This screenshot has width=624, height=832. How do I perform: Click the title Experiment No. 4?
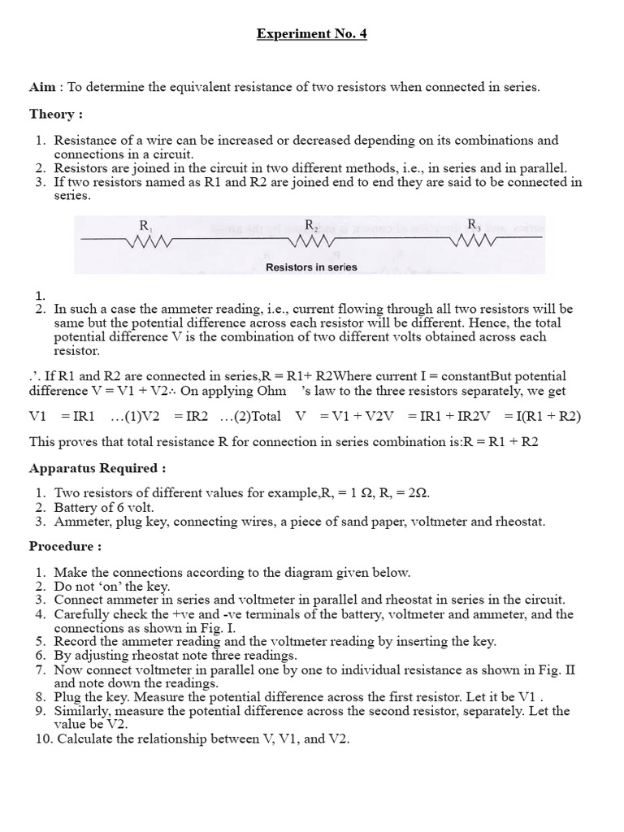click(312, 35)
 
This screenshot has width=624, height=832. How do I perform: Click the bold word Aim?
click(42, 87)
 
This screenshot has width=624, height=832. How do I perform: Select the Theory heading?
click(55, 114)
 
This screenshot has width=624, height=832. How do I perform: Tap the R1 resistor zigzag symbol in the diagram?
click(148, 241)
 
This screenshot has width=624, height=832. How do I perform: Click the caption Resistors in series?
click(311, 266)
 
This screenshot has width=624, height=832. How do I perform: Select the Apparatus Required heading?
click(97, 469)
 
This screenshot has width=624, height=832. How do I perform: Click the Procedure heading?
click(65, 546)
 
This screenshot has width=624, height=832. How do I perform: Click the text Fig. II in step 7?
click(565, 670)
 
